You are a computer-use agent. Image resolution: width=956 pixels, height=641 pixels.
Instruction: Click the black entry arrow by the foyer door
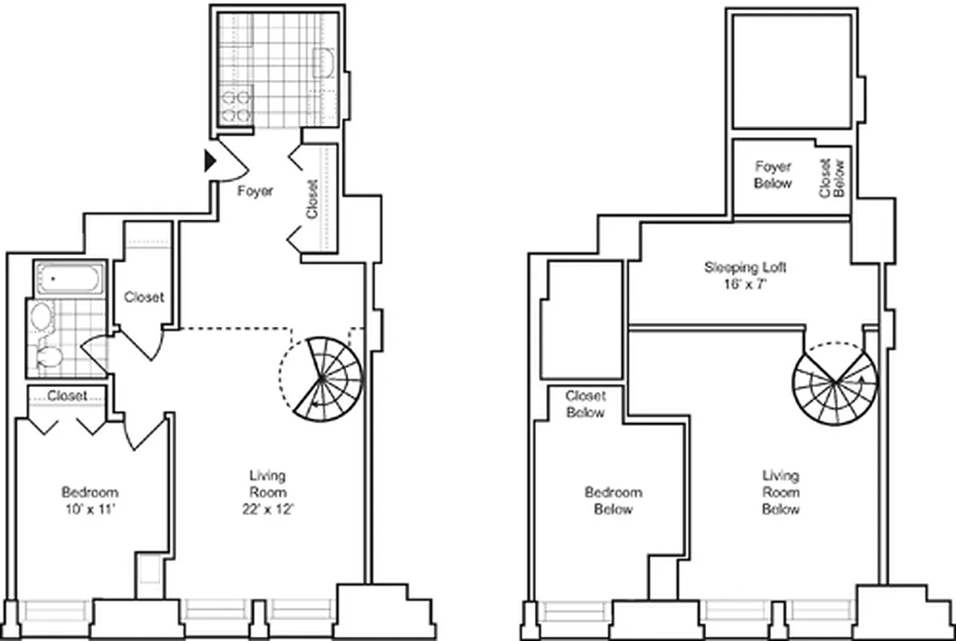(211, 161)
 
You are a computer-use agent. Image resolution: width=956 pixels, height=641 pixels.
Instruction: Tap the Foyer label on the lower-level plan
(255, 191)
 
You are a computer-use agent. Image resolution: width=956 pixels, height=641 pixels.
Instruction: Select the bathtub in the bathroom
(69, 279)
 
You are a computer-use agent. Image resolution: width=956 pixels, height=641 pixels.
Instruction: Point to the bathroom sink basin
(40, 317)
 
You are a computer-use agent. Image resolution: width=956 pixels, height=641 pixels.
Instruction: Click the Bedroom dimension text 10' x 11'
(90, 509)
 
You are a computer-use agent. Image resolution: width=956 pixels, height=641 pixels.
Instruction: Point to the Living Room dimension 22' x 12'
(266, 509)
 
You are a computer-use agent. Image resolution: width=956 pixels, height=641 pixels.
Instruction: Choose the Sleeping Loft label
(740, 267)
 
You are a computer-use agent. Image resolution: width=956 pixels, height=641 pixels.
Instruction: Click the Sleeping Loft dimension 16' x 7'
(741, 283)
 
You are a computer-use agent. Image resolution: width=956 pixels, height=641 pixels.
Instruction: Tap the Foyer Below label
(773, 175)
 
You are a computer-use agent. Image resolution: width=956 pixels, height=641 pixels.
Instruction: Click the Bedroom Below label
(613, 501)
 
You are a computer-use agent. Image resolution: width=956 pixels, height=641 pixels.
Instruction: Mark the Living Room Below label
(780, 492)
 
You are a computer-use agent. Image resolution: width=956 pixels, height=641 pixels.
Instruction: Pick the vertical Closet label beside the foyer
(312, 198)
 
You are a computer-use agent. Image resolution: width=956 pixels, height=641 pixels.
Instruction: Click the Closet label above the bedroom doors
(67, 395)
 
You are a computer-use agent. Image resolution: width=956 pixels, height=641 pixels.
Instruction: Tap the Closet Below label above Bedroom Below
(585, 404)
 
